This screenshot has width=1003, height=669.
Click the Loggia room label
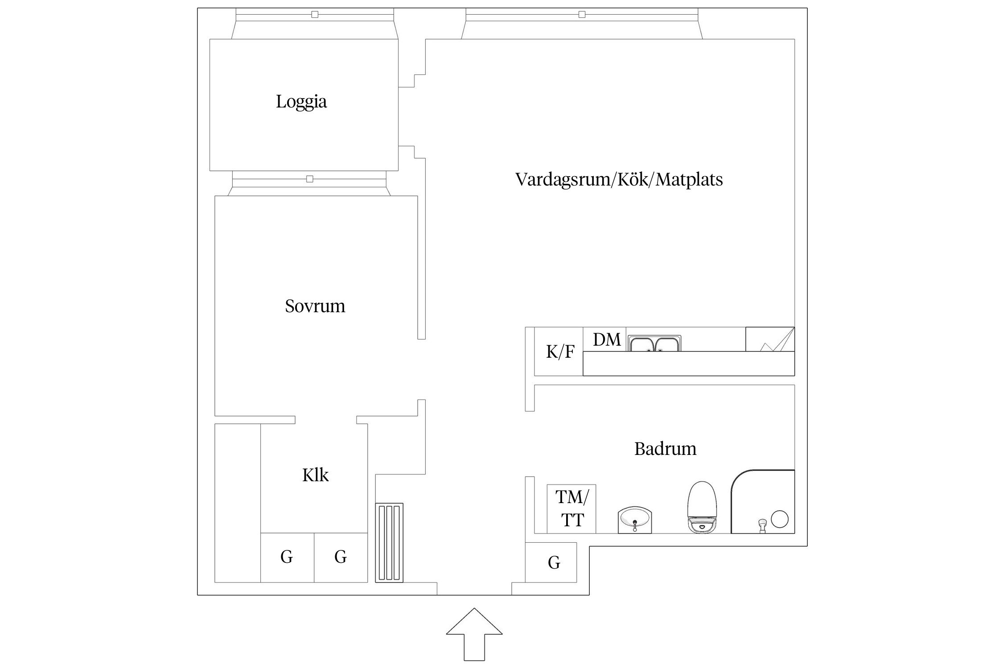(301, 102)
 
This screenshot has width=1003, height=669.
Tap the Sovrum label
(315, 306)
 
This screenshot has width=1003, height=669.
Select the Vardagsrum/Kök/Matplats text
(619, 179)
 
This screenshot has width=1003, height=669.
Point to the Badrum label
(665, 449)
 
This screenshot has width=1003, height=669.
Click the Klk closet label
(315, 475)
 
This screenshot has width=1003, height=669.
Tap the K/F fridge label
(560, 352)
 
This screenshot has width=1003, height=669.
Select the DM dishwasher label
(607, 340)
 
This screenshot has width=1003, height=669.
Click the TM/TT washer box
(571, 508)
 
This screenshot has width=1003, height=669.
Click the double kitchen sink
(654, 344)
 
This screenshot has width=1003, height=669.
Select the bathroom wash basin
(635, 520)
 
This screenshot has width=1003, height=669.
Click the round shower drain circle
(780, 519)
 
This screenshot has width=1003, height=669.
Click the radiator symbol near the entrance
(389, 542)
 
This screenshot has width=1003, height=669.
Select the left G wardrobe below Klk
(287, 557)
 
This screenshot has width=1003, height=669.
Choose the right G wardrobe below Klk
(341, 557)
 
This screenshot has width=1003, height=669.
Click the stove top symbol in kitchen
(769, 339)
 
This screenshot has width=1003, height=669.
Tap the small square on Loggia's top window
(315, 15)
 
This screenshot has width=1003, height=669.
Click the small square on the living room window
(582, 15)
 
